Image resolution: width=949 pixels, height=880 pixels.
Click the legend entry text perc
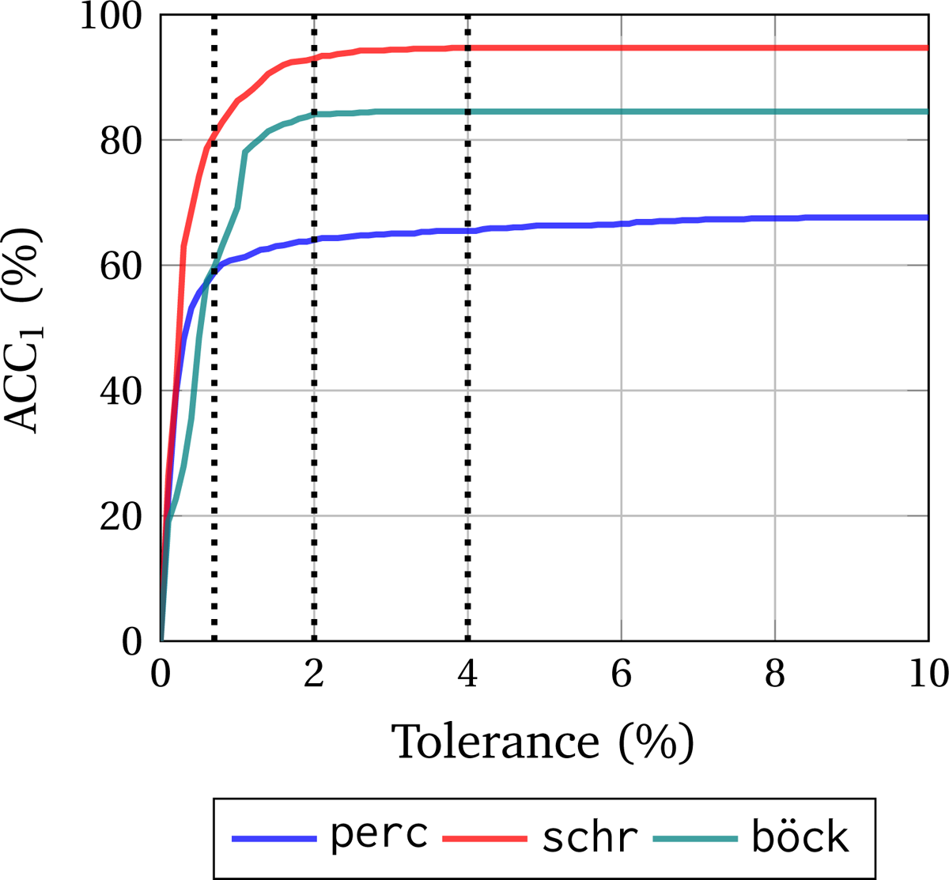click(380, 837)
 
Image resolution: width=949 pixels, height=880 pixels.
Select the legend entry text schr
click(590, 837)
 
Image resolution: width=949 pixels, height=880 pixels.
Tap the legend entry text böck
click(800, 837)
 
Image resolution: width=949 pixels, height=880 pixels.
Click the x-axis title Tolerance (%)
click(544, 742)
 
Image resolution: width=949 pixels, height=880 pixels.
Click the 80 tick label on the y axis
click(124, 141)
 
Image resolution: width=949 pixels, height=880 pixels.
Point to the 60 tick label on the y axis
click(124, 266)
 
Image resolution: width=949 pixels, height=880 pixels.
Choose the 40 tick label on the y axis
click(124, 391)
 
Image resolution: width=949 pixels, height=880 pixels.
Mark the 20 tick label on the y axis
click(124, 516)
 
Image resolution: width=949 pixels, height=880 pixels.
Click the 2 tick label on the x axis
click(314, 674)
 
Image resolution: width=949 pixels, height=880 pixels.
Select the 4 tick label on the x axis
click(467, 674)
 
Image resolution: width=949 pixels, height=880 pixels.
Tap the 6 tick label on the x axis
click(622, 674)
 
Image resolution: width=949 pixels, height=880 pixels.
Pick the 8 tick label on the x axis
click(775, 674)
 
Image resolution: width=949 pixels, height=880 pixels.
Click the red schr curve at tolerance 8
click(775, 48)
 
